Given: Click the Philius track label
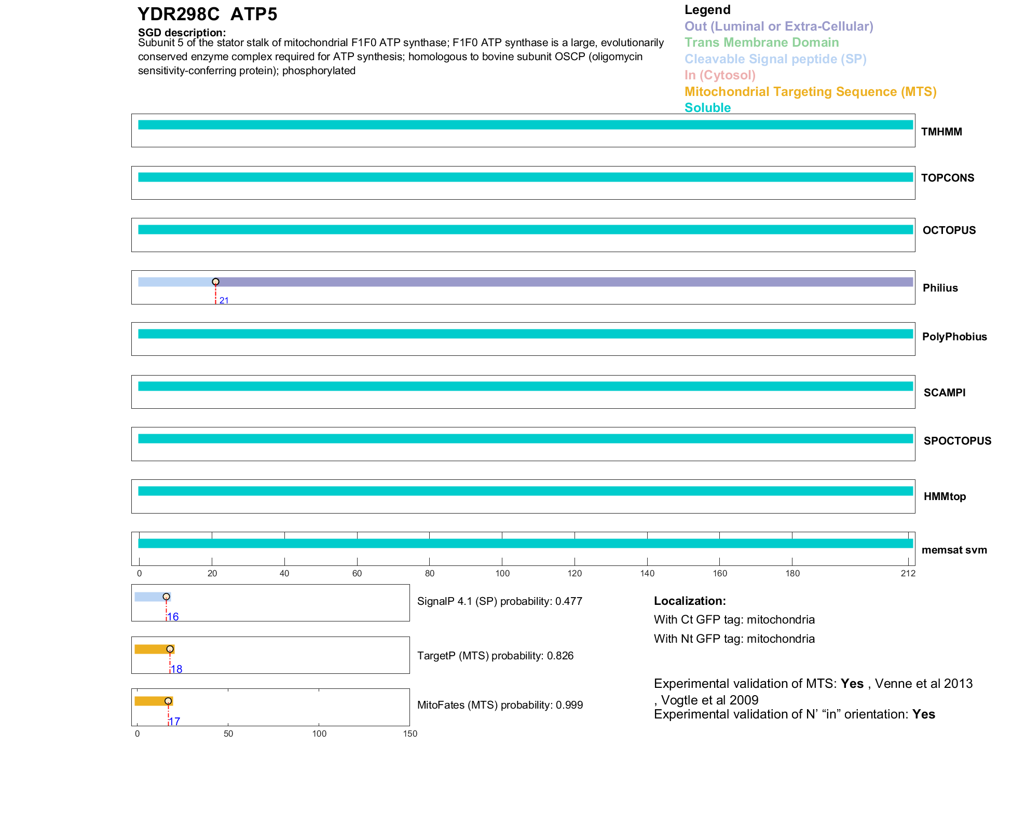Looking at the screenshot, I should coord(940,288).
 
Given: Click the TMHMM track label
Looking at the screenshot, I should coord(941,132).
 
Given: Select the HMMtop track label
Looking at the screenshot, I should coord(945,496).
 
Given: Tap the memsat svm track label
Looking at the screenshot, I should coord(954,550).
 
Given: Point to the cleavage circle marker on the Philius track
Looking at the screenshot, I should coord(215,282).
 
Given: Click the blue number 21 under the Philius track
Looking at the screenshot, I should coord(224,300).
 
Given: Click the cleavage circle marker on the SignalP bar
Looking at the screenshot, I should coord(166,597).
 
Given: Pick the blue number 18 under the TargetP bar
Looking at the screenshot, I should coord(176,669).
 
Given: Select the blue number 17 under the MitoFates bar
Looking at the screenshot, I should coord(175,722).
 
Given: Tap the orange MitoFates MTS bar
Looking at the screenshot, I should coord(151,701).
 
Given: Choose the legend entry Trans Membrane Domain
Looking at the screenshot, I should coord(761,43).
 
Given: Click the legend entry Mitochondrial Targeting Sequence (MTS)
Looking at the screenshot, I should coord(810,92).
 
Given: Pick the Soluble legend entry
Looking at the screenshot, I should coord(707,108).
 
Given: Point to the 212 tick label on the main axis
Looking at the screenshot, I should coord(908,573).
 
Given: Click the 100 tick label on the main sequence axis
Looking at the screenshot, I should coord(502,573).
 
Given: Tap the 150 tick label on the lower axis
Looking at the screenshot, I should coord(410,734).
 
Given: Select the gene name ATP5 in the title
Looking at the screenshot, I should coord(254,15).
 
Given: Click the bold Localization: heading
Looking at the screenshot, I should coord(690,601).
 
